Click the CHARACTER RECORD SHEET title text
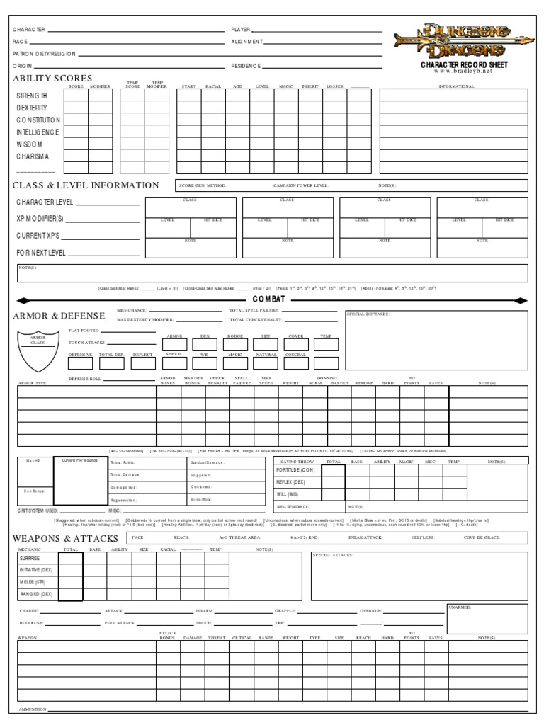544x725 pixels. [x=464, y=64]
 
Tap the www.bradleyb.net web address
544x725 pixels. [x=464, y=72]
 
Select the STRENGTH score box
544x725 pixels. [x=76, y=96]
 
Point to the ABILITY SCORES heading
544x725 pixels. [x=52, y=78]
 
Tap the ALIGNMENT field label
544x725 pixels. [x=247, y=42]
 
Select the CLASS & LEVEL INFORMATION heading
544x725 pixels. [x=86, y=185]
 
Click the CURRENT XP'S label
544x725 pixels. [x=40, y=234]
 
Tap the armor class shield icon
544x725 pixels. [x=38, y=350]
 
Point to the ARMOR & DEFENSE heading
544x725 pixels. [x=59, y=316]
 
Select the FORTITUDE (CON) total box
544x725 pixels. [x=333, y=471]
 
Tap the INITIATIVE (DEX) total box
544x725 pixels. [x=71, y=570]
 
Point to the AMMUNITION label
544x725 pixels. [x=32, y=709]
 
